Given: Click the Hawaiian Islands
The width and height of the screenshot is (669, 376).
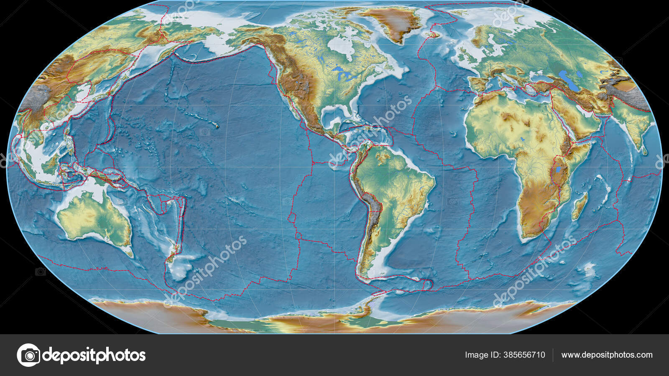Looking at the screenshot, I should pos(216,125).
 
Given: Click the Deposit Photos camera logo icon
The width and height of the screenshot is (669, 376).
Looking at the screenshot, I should pos(28,355).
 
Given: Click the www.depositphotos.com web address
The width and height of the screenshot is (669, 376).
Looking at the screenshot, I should pos(607,355).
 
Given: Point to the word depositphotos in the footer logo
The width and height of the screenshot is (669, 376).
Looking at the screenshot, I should pos(94,355).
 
